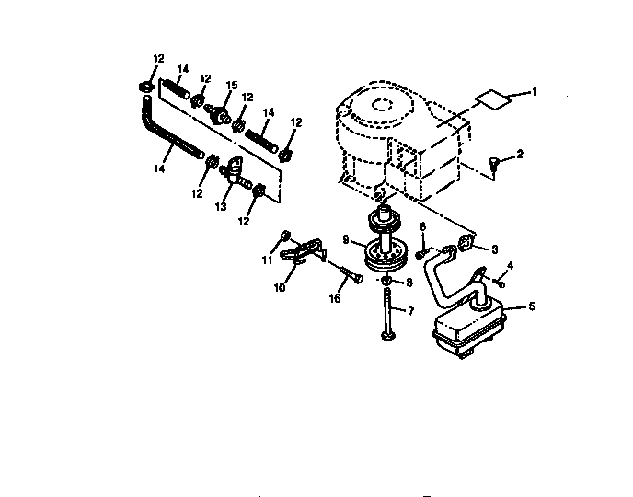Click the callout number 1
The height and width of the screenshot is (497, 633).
tap(535, 92)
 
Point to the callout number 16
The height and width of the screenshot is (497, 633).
tap(334, 298)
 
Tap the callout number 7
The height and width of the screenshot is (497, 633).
tap(411, 310)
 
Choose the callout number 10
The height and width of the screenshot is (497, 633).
tap(279, 287)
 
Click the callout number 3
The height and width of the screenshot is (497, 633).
tap(494, 248)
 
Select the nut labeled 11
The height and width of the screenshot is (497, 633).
tap(286, 235)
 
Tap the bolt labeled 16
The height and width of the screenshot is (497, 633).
tap(349, 275)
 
